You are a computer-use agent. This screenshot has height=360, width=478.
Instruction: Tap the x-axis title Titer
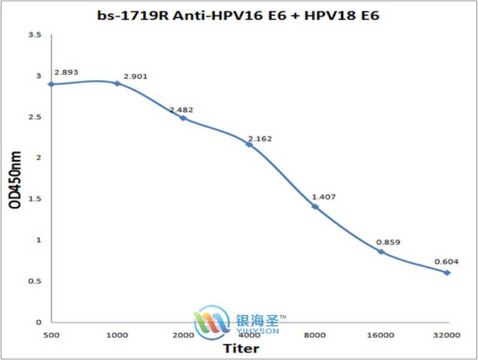(x=241, y=349)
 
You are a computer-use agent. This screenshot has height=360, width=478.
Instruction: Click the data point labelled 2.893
(x=51, y=84)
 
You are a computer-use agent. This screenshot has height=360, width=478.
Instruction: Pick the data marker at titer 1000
(x=117, y=83)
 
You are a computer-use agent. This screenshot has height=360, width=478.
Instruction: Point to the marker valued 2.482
(x=183, y=118)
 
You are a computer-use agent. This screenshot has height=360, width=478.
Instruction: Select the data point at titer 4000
(x=249, y=145)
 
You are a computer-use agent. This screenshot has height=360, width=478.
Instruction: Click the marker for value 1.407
(x=315, y=206)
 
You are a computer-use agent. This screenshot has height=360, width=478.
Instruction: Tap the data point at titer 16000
(x=381, y=251)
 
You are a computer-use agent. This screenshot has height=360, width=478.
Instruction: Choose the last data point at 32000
(x=447, y=272)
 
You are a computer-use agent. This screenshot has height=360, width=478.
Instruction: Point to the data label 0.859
(x=388, y=242)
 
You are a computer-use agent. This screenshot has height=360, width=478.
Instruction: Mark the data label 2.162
(x=259, y=139)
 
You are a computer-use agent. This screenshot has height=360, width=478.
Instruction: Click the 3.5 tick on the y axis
(x=35, y=35)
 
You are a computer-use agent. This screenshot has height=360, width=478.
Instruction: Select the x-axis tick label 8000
(x=315, y=334)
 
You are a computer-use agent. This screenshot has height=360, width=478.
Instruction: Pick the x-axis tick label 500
(x=51, y=334)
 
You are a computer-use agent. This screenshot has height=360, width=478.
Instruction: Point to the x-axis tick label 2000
(x=183, y=334)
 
